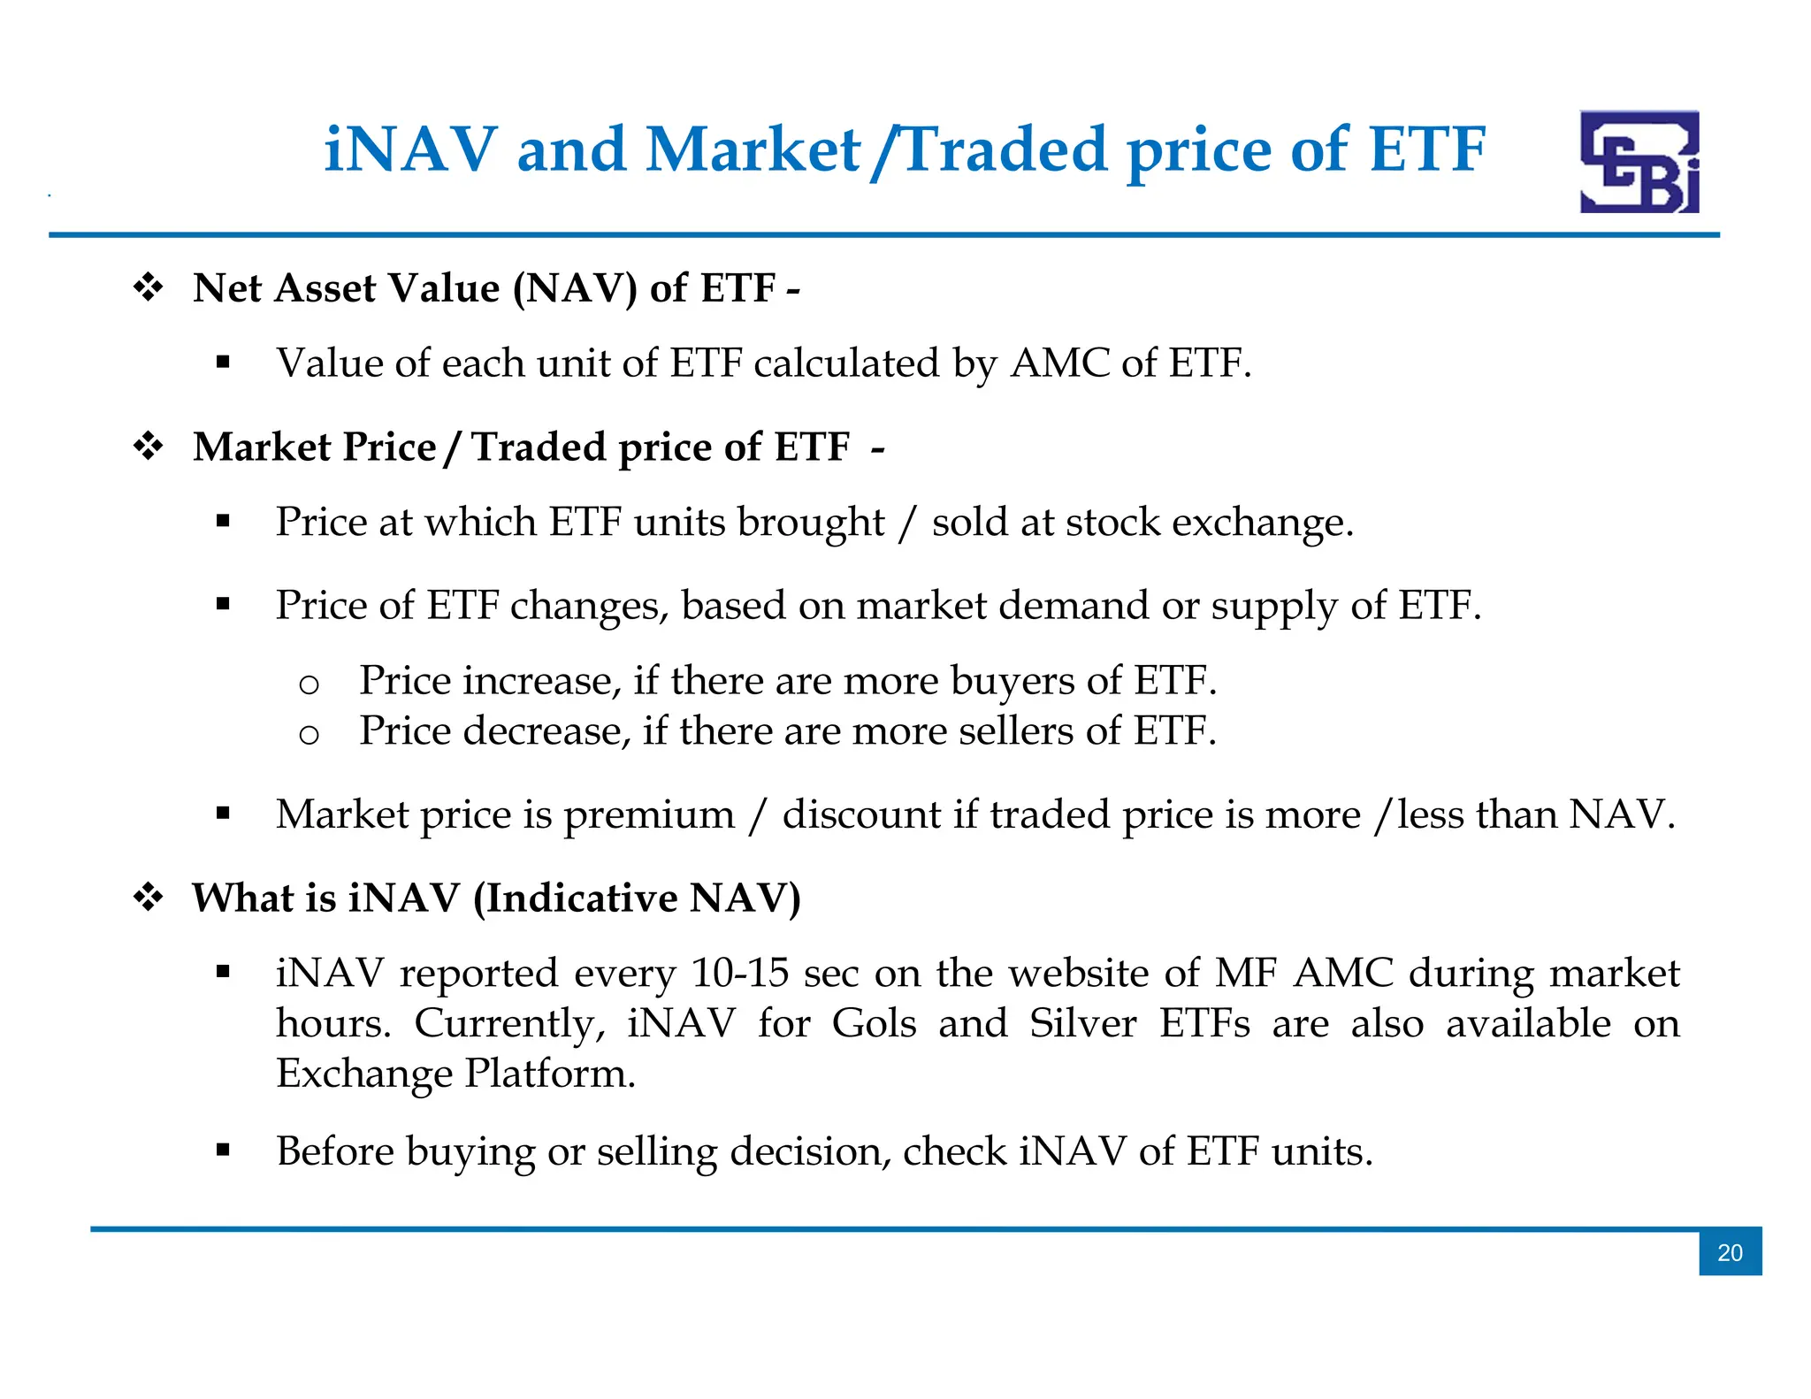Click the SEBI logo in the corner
[x=1639, y=161]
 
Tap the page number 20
[x=1730, y=1252]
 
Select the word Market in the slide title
[x=753, y=149]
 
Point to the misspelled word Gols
[x=874, y=1024]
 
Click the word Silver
[x=1082, y=1024]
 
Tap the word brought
[x=811, y=523]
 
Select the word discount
[x=861, y=814]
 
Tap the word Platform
[x=550, y=1074]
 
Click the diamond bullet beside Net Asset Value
[x=149, y=288]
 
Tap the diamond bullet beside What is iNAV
[x=149, y=898]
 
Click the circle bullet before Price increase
[x=309, y=684]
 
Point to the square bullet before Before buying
[x=223, y=1151]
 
